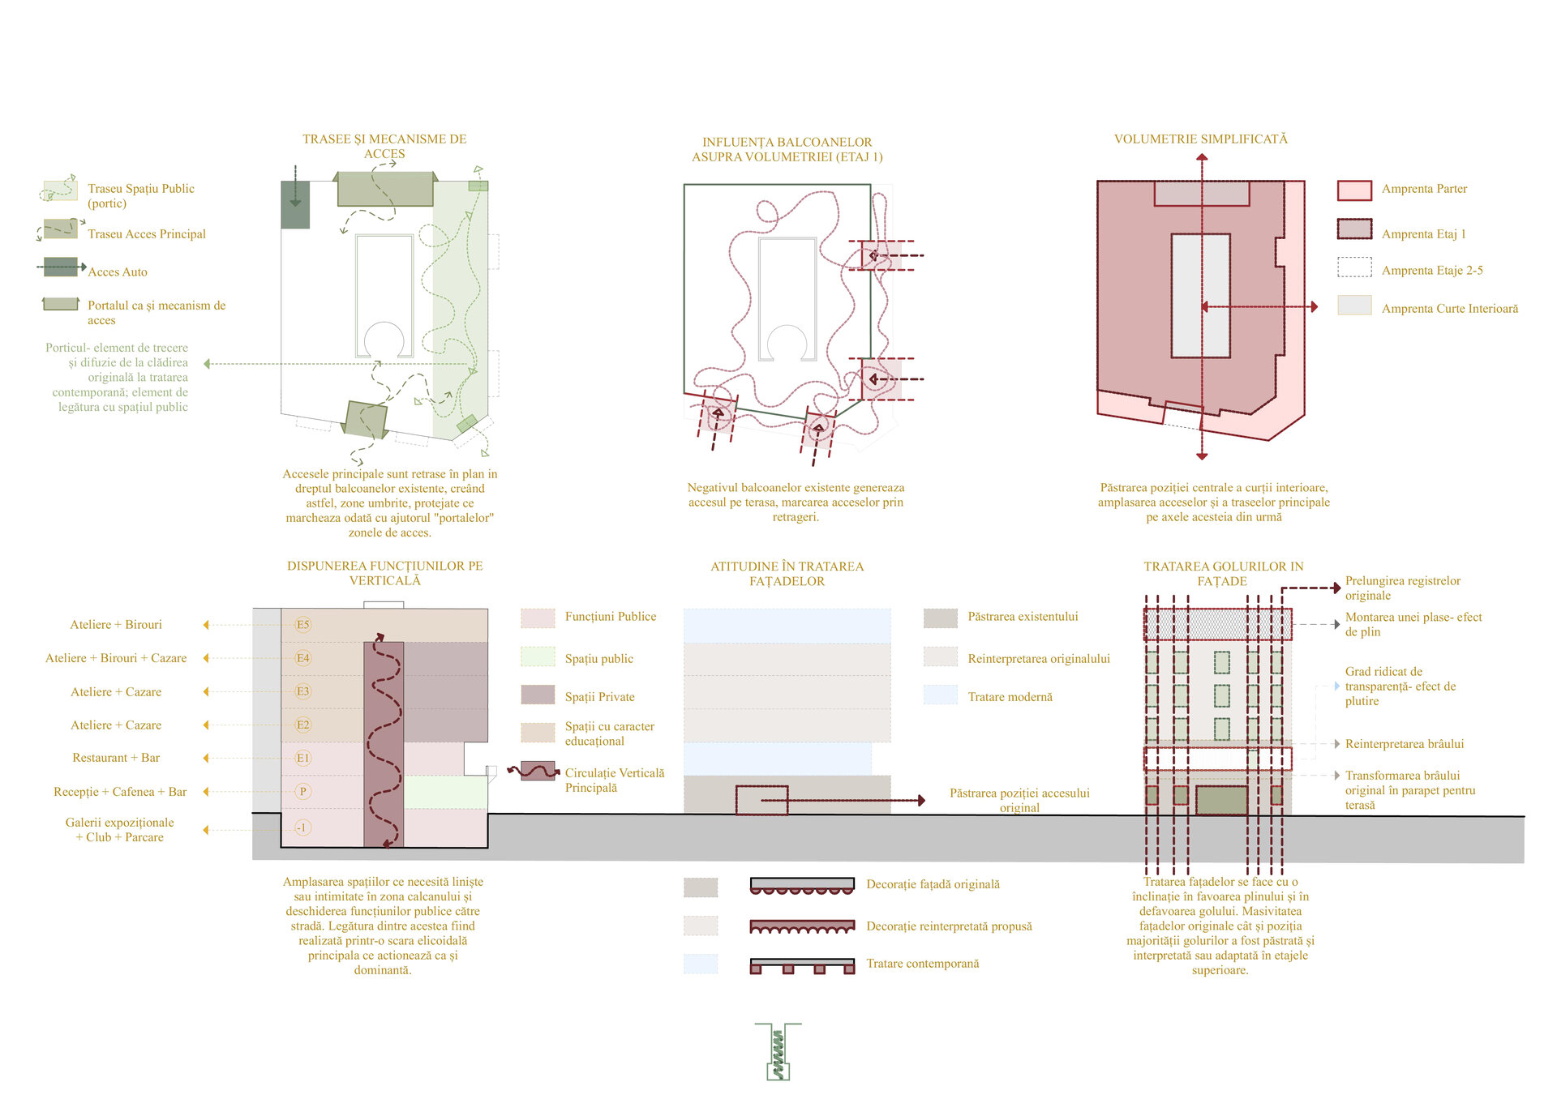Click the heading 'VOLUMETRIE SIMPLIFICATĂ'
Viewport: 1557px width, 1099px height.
click(1200, 139)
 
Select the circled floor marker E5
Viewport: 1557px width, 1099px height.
click(302, 625)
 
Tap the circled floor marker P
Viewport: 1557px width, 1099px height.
click(302, 792)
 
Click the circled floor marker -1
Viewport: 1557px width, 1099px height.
click(302, 827)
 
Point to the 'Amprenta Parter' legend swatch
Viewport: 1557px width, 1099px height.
click(1354, 190)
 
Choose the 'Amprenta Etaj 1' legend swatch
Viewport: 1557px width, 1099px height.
click(1354, 229)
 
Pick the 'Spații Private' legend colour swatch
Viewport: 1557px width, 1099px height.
click(538, 695)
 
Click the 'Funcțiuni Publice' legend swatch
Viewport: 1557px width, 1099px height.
click(538, 618)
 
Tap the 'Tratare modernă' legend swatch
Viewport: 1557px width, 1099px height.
click(940, 695)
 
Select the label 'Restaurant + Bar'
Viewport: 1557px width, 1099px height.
click(116, 758)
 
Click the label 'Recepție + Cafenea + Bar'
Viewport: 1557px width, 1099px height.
click(120, 792)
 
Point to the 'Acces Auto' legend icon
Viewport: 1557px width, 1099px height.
click(62, 267)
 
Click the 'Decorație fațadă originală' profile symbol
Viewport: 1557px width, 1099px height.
click(801, 886)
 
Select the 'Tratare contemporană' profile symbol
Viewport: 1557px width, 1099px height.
click(801, 965)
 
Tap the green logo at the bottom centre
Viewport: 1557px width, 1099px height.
click(778, 1051)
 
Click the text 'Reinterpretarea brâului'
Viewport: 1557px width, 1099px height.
click(1404, 744)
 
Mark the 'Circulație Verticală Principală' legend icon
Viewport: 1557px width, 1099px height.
click(537, 771)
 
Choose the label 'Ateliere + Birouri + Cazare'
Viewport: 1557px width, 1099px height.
click(116, 658)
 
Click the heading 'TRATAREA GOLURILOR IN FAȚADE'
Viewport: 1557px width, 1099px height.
click(1223, 574)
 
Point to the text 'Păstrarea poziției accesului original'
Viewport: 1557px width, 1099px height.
click(1019, 800)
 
